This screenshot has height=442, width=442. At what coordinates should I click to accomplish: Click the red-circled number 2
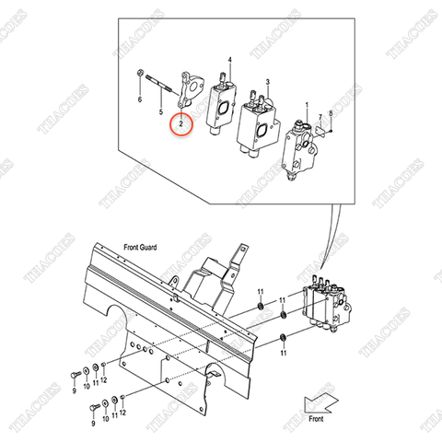[x=181, y=122]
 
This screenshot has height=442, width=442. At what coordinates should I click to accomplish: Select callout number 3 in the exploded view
[x=267, y=83]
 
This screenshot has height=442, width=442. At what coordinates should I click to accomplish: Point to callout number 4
[x=230, y=59]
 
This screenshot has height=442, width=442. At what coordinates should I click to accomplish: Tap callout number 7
[x=320, y=117]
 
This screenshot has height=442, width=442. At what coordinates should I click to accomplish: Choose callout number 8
[x=331, y=124]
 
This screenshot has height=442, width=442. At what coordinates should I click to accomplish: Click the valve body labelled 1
[x=300, y=152]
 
